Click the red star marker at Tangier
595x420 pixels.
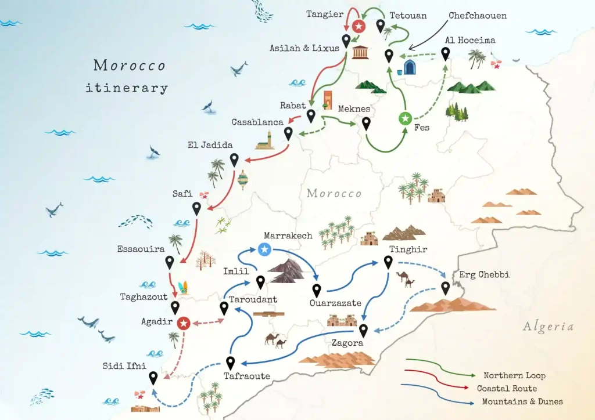click(360, 26)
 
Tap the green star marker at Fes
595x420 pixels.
click(405, 118)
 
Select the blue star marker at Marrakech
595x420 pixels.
click(264, 249)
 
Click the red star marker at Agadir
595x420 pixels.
click(184, 323)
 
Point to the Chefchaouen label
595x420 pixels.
click(477, 16)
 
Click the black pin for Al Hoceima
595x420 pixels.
click(446, 53)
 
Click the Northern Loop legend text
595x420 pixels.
click(514, 375)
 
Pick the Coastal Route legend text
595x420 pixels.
click(507, 388)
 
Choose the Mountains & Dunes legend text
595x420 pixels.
click(522, 401)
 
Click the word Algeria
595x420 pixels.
click(548, 327)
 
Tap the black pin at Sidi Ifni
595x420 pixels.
click(153, 377)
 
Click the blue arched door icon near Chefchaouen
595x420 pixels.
click(410, 67)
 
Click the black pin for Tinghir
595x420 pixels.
click(388, 262)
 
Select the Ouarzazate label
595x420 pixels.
click(335, 303)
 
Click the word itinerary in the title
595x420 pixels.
click(127, 88)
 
